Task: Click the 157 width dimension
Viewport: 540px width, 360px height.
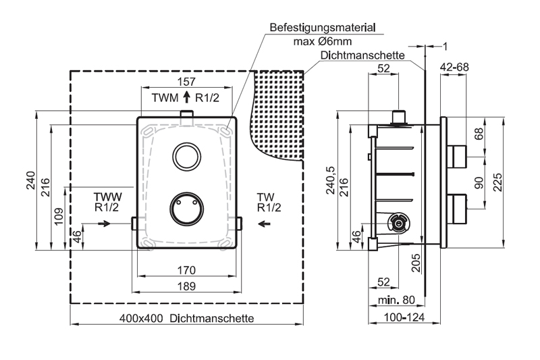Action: point(186,82)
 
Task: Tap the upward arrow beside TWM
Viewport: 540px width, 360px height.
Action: point(186,97)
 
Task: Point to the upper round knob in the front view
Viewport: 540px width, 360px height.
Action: point(186,156)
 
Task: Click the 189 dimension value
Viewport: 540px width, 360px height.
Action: point(186,286)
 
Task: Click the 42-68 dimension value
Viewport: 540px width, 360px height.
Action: point(456,68)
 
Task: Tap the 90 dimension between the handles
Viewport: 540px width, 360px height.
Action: point(479,182)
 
